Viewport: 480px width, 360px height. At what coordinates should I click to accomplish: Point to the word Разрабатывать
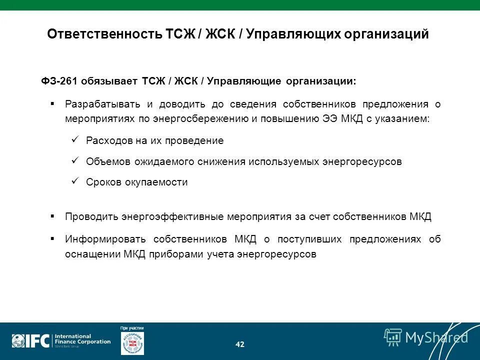[102, 104]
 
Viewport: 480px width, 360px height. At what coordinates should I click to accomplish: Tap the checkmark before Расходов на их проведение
[75, 140]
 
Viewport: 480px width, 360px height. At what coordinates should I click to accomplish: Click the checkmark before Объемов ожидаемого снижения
[75, 161]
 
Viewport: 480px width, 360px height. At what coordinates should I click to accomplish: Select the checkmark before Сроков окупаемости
[75, 181]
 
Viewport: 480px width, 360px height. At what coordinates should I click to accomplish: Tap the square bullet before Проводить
[52, 216]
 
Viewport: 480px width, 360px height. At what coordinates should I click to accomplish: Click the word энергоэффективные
[172, 217]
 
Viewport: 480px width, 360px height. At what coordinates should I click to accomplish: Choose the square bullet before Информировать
[52, 238]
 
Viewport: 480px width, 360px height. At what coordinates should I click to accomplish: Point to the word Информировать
[106, 239]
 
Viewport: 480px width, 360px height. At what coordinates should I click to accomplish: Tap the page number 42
[240, 344]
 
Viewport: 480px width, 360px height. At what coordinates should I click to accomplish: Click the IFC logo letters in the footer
[38, 341]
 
